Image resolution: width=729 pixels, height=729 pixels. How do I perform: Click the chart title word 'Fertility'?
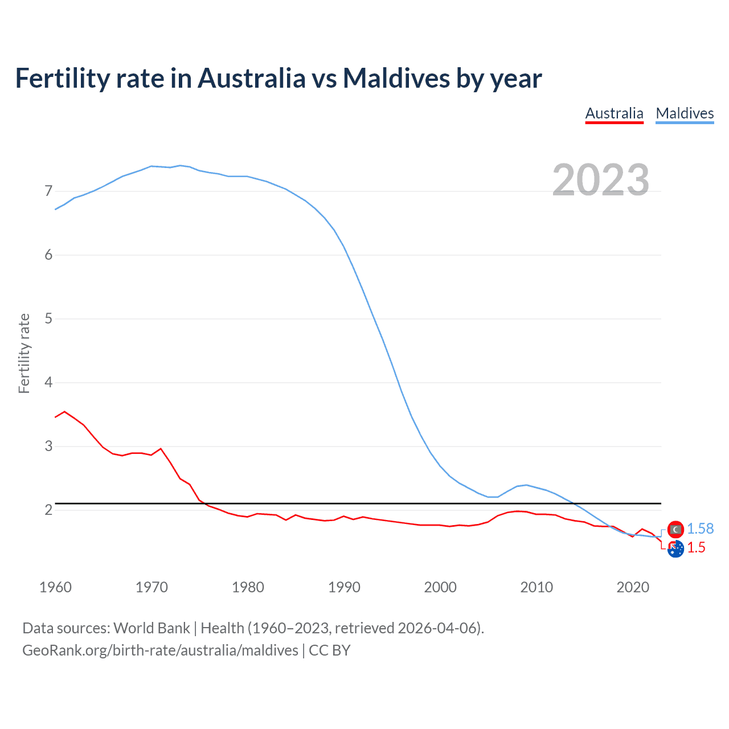(62, 78)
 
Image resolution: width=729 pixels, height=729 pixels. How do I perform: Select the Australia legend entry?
(614, 113)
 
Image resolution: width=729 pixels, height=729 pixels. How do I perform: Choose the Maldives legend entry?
(685, 113)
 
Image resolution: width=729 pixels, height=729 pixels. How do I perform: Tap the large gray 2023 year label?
(600, 180)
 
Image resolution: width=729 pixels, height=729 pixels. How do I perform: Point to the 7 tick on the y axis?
(48, 191)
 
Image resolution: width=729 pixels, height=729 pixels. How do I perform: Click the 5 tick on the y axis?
(48, 318)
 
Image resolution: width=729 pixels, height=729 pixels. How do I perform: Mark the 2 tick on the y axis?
(48, 510)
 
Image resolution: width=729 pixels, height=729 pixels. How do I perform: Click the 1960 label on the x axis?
(55, 587)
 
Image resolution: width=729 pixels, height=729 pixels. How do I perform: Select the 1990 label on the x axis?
(344, 587)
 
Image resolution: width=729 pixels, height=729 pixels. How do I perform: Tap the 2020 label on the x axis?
(633, 587)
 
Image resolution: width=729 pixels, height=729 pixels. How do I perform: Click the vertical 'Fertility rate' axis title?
(24, 353)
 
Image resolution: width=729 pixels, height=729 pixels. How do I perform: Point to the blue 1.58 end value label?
(700, 529)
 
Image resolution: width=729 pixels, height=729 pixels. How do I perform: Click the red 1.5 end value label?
(696, 547)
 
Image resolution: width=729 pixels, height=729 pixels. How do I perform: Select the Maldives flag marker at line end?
(675, 530)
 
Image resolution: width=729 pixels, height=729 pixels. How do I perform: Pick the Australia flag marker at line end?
(675, 549)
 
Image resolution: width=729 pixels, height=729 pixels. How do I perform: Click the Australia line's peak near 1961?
(64, 411)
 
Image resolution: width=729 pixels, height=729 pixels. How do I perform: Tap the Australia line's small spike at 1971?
(161, 449)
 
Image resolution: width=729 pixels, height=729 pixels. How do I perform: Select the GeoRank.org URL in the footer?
(160, 650)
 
